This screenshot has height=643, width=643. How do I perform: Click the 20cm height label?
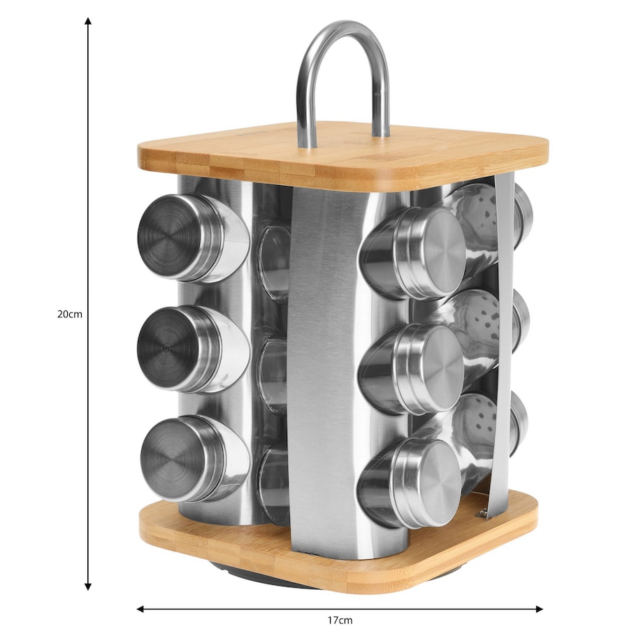coord(70,315)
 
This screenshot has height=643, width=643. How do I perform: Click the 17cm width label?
coord(340,620)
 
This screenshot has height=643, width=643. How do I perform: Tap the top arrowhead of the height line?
coord(88,21)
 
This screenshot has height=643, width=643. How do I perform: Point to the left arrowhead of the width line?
coord(140,609)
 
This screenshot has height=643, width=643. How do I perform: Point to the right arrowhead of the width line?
coord(540,609)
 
